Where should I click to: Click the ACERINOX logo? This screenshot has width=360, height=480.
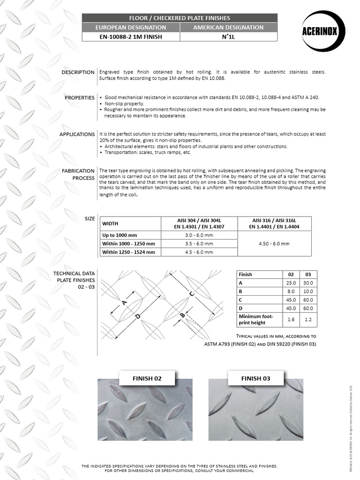[x=323, y=32]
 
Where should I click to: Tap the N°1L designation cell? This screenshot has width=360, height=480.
[x=228, y=37]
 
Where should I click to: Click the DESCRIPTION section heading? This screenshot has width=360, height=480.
[x=77, y=72]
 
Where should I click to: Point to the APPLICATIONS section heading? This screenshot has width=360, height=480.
[x=77, y=134]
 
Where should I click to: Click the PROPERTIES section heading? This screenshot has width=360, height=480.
[x=79, y=97]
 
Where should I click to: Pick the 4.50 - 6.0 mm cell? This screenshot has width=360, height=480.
[x=274, y=243]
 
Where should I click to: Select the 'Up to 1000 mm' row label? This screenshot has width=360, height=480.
[x=120, y=235]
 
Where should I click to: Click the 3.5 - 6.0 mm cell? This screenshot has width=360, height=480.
[x=199, y=243]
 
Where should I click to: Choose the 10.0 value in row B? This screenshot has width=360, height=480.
[x=308, y=291]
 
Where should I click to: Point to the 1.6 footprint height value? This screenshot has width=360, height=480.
[x=291, y=319]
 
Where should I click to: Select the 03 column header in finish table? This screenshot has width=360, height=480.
[x=308, y=274]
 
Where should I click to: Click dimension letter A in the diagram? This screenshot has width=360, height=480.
[x=124, y=302]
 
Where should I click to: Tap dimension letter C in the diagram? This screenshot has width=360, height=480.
[x=191, y=294]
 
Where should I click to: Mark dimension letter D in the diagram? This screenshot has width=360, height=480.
[x=138, y=317]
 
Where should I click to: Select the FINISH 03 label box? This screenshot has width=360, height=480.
[x=256, y=378]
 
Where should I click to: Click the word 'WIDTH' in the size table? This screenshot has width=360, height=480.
[x=110, y=223]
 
